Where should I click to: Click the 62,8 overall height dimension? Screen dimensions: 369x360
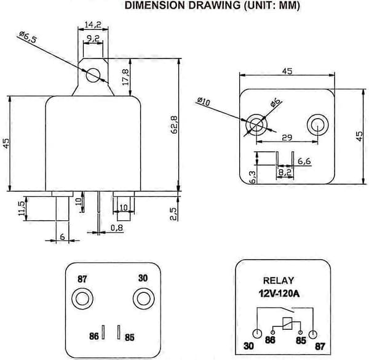tap(175, 125)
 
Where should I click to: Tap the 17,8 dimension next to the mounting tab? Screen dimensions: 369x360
tap(125, 77)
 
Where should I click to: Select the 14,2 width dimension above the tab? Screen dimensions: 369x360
tap(93, 25)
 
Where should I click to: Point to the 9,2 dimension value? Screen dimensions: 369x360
tap(93, 38)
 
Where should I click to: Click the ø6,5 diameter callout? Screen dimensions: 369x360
tap(28, 37)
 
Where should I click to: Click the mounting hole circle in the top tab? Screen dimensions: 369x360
tap(93, 75)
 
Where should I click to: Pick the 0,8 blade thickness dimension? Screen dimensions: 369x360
tap(117, 228)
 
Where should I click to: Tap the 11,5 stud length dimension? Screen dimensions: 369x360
tap(22, 208)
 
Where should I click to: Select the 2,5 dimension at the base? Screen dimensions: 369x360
tap(173, 214)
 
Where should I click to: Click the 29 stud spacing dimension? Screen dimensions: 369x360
tap(287, 137)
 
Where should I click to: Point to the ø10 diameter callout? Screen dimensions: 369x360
tap(203, 102)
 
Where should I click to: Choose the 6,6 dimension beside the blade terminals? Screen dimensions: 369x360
tap(304, 161)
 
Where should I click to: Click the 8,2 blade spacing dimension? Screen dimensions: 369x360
tap(285, 172)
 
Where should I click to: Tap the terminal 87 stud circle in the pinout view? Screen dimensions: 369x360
tap(82, 299)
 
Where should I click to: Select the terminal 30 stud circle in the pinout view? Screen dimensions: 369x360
tap(144, 298)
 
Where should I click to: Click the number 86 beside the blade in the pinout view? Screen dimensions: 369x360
tap(94, 336)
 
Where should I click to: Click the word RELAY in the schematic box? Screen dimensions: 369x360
tap(279, 281)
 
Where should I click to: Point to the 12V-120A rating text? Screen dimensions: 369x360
tap(279, 294)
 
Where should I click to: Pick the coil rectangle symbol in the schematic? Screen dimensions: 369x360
tap(287, 324)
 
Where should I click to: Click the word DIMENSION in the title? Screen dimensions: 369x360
tap(156, 6)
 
